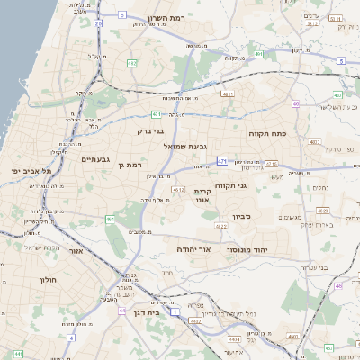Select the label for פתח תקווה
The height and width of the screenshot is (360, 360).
pyautogui.click(x=267, y=132)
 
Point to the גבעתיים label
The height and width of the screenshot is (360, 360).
pyautogui.click(x=94, y=159)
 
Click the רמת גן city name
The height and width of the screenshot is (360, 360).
pyautogui.click(x=131, y=166)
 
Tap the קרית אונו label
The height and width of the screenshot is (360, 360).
pyautogui.click(x=202, y=197)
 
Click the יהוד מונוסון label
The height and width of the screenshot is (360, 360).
pyautogui.click(x=254, y=246)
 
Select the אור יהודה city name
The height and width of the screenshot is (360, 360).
pyautogui.click(x=192, y=247)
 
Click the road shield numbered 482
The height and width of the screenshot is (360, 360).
pyautogui.click(x=132, y=63)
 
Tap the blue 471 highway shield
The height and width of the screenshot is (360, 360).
pyautogui.click(x=222, y=162)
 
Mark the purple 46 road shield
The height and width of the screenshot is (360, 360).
pyautogui.click(x=339, y=285)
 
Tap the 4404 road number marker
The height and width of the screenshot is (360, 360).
pyautogui.click(x=234, y=339)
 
